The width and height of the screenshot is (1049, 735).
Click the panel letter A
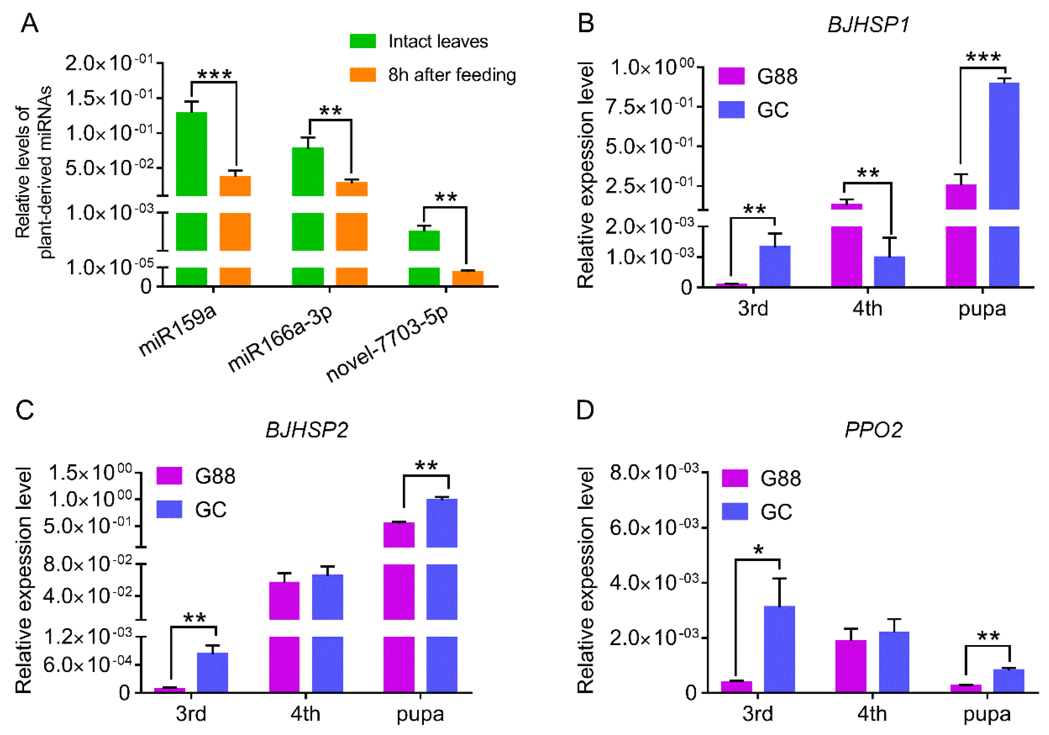click(29, 23)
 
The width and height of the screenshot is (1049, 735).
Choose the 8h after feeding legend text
click(452, 75)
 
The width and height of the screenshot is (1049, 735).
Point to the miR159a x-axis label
click(177, 330)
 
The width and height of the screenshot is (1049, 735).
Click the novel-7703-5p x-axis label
click(388, 344)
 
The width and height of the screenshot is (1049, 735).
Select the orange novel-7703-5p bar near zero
click(467, 278)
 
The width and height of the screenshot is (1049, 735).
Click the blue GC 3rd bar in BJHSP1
click(775, 266)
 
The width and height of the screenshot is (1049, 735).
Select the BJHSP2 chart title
click(307, 430)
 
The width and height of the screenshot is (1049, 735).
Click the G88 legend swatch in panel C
click(169, 476)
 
